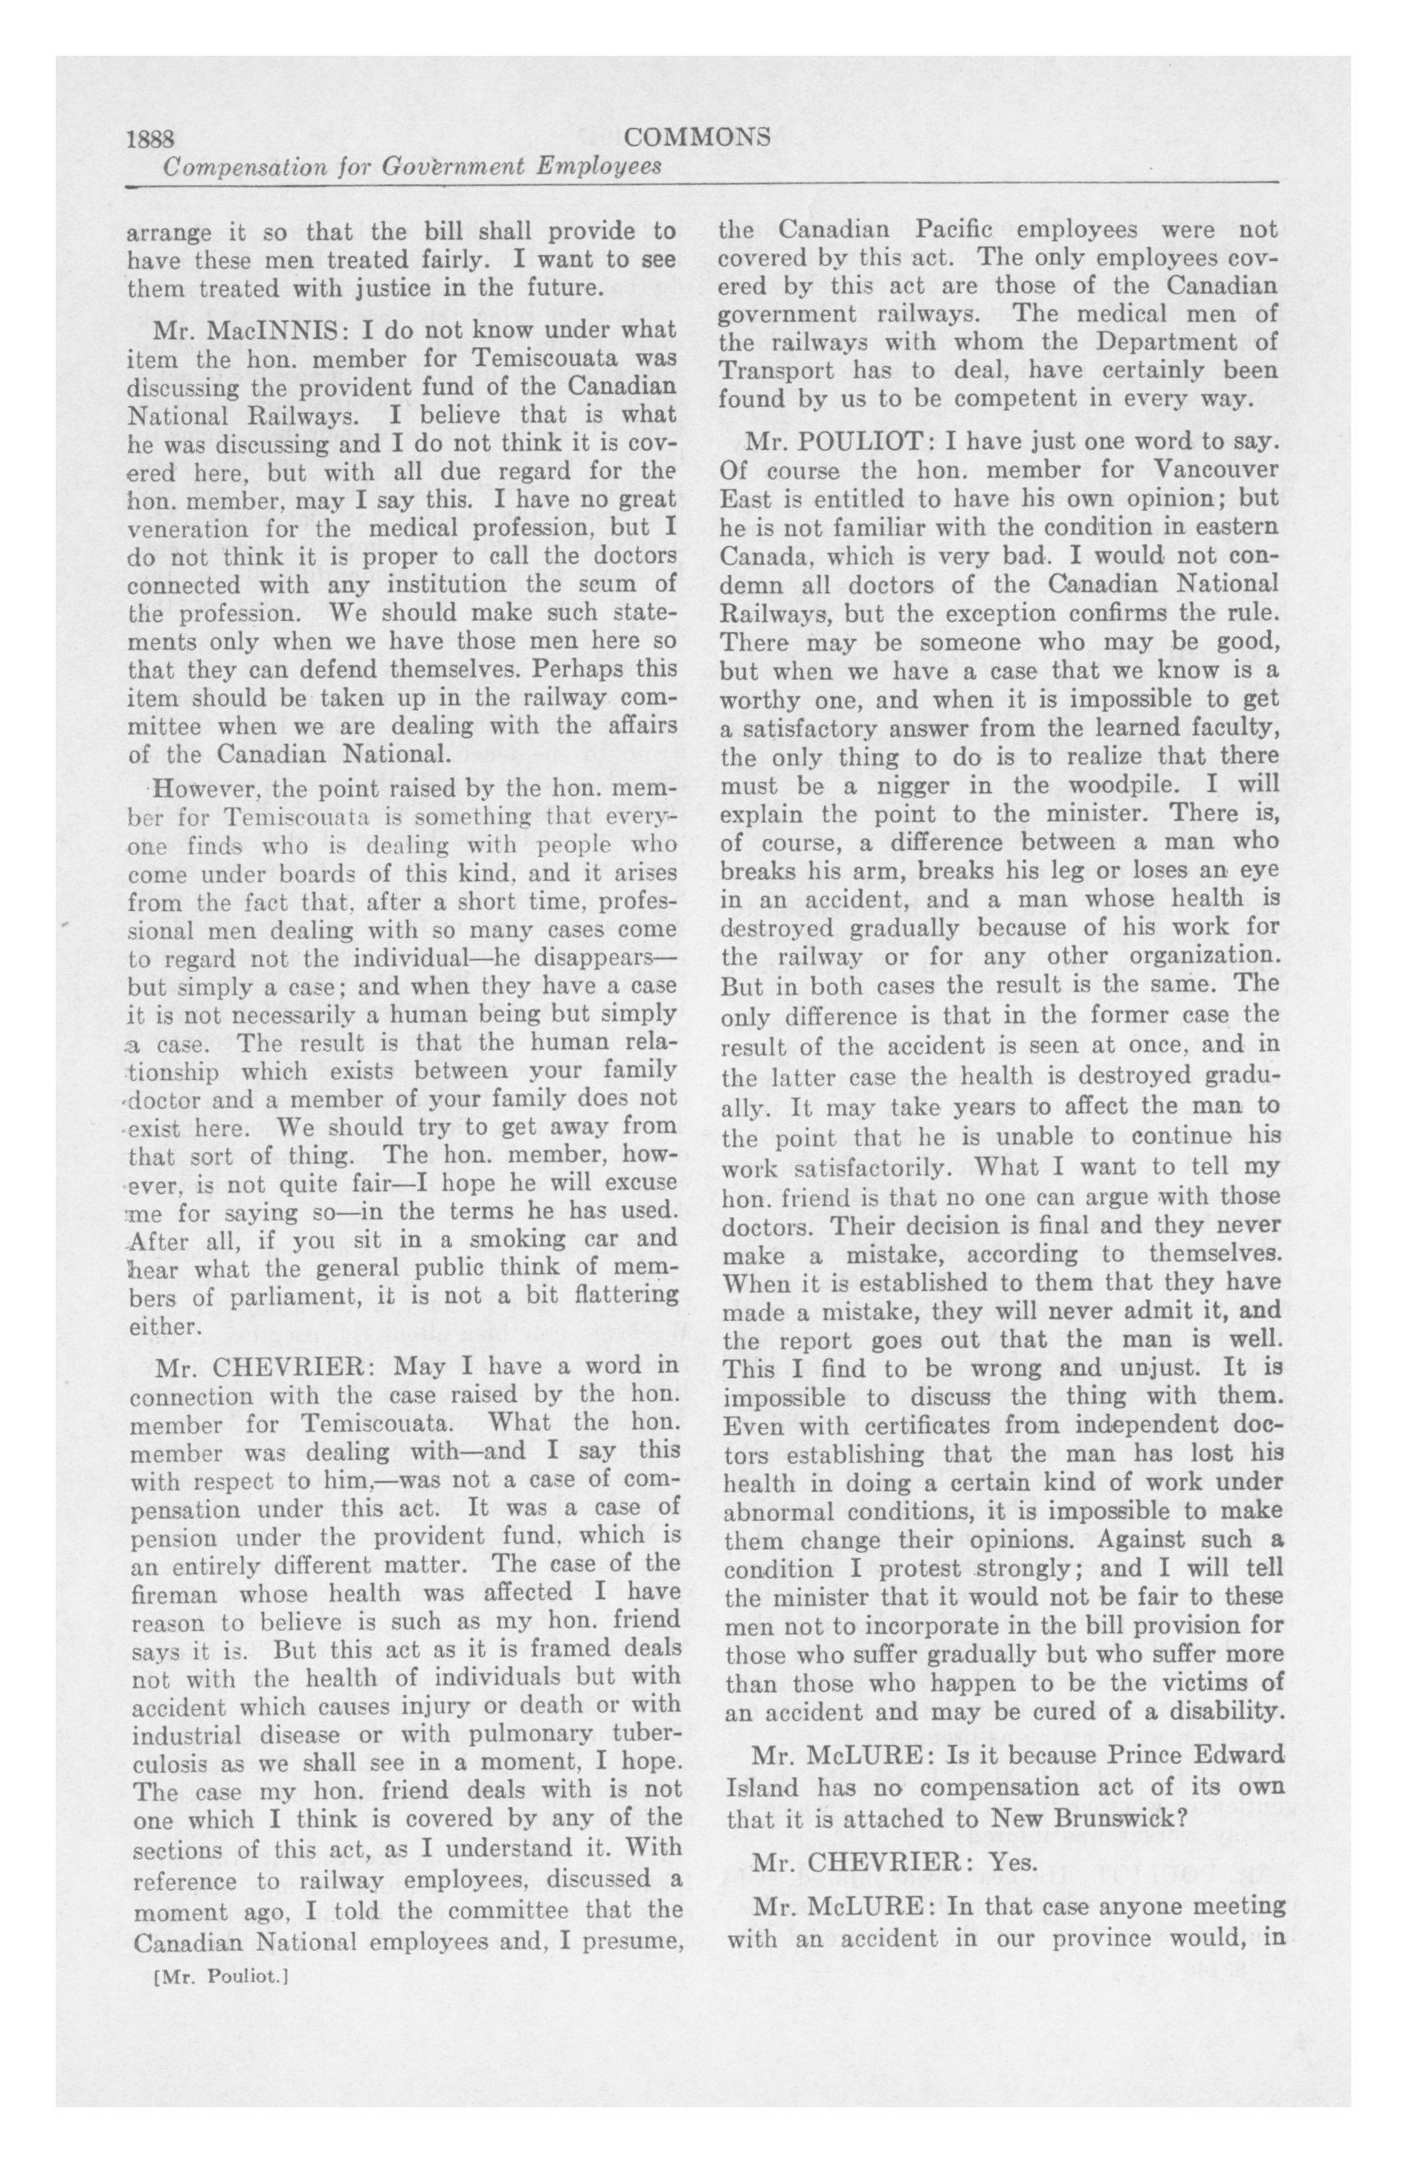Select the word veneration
(184, 529)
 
